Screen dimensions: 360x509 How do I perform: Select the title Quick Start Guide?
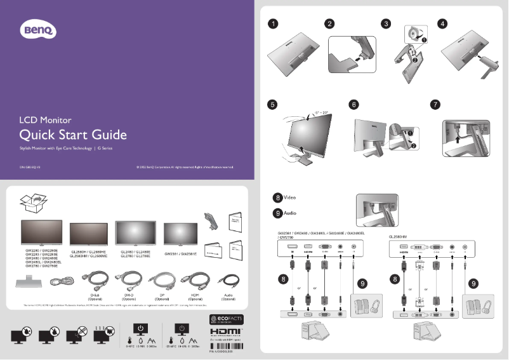(73, 135)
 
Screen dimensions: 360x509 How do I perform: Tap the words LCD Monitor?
(45, 119)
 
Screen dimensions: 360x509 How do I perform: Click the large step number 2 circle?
(330, 24)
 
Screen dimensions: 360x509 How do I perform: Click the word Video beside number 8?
(289, 197)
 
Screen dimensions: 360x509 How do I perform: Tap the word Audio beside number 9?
(289, 213)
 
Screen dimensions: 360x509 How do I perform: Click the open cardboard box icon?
(32, 203)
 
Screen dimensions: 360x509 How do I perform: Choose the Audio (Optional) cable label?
(228, 297)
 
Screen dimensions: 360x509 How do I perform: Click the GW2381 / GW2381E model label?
(180, 253)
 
